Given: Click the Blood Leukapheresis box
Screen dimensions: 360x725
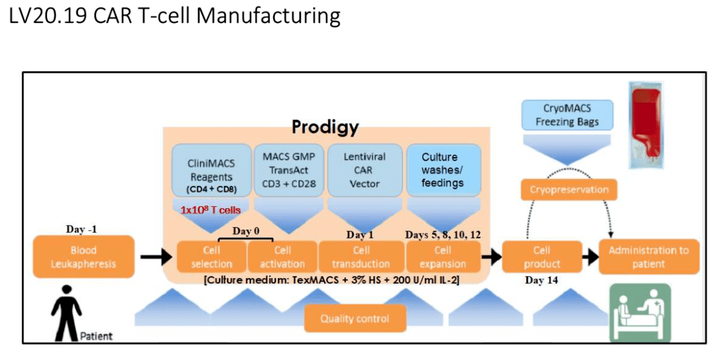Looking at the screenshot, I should (75, 257).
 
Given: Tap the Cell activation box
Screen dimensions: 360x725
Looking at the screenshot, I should (282, 257).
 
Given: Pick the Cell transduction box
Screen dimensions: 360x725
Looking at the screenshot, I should (360, 257).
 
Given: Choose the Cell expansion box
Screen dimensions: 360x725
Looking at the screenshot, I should (442, 257).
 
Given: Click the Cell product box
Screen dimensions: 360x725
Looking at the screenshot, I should (542, 257).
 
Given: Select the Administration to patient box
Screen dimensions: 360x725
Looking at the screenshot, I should (648, 257).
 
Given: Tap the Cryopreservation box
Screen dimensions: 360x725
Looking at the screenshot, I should (569, 189).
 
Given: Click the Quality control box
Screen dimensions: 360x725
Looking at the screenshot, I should (354, 318).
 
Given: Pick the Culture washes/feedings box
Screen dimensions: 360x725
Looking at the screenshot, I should (442, 170).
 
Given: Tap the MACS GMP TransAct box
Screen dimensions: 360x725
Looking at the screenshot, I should (288, 170).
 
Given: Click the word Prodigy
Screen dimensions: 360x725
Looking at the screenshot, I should (325, 127).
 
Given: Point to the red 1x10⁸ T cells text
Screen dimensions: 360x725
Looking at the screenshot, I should (210, 210).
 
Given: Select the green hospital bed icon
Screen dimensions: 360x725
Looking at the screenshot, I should (639, 312).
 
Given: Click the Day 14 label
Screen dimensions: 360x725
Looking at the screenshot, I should (542, 280).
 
